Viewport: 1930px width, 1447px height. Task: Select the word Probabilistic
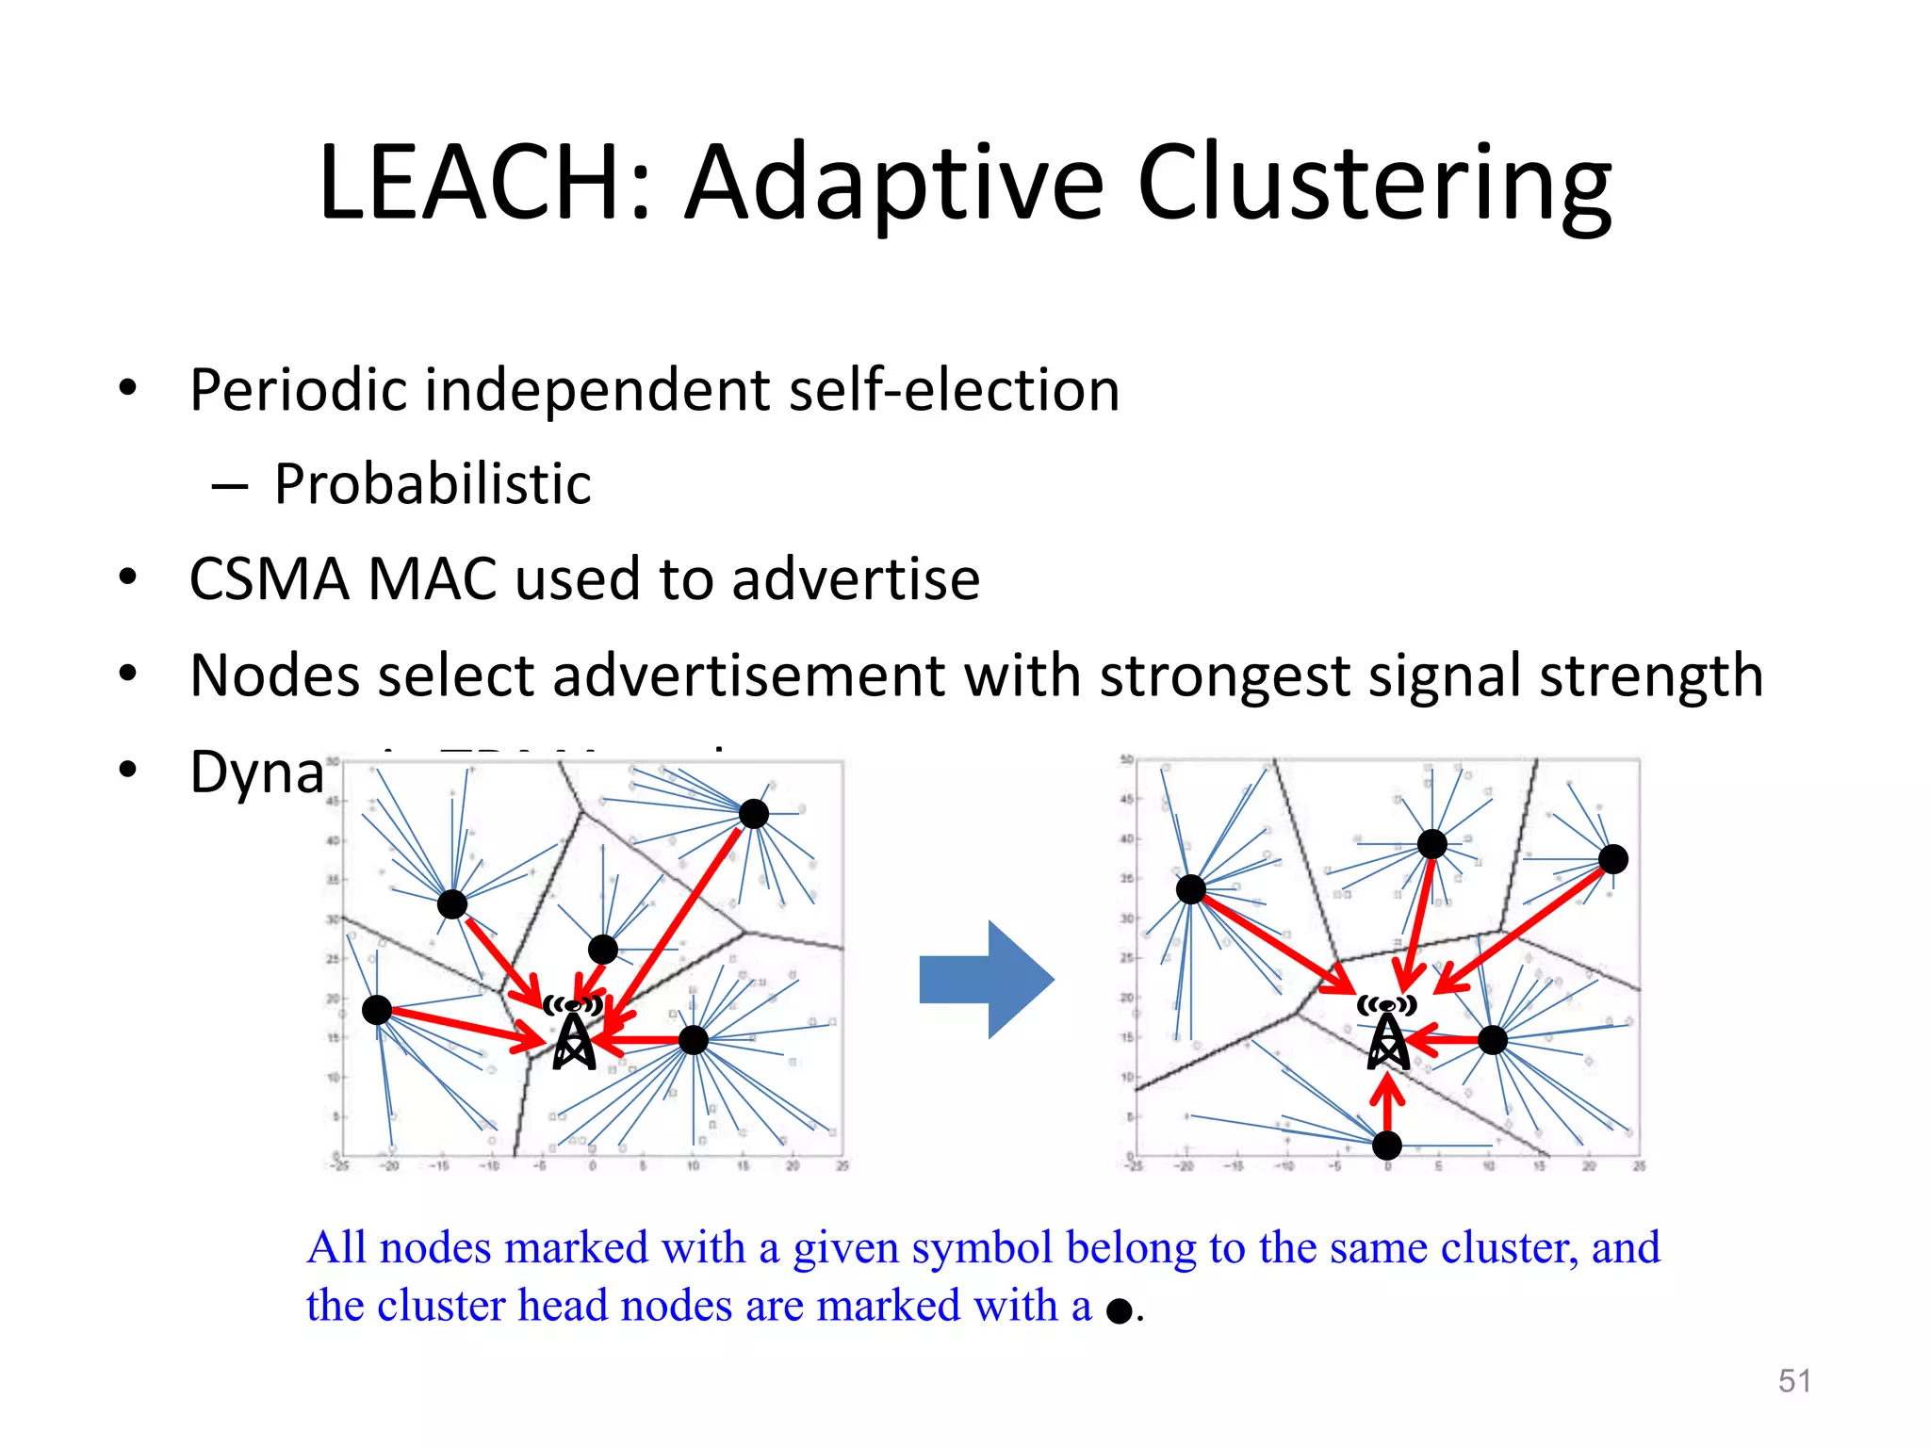click(x=433, y=484)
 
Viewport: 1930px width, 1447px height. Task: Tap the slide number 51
click(x=1794, y=1381)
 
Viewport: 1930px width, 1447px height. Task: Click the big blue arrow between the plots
click(x=986, y=980)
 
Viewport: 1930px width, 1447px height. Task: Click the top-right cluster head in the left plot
click(x=754, y=813)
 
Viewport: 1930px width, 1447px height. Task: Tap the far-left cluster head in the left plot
click(x=377, y=1010)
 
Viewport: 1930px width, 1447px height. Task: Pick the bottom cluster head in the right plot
click(x=1387, y=1146)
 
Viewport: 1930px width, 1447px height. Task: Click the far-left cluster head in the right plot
click(x=1191, y=888)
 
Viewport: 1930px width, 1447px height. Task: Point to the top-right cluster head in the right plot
click(x=1613, y=859)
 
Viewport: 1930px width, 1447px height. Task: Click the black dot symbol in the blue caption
click(x=1119, y=1310)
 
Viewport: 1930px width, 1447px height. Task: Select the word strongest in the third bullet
click(x=1224, y=675)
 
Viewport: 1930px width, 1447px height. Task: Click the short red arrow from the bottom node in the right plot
click(x=1387, y=1102)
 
